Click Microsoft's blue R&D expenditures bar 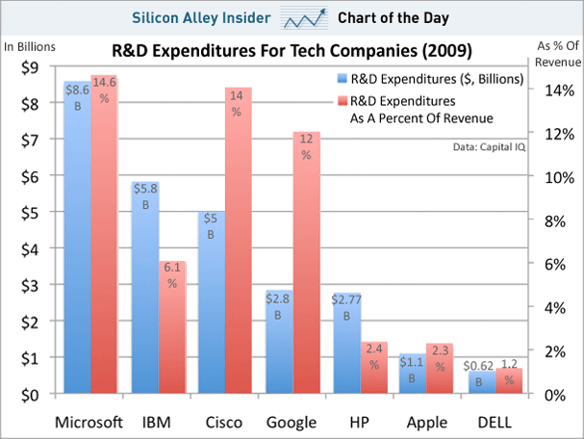[76, 241]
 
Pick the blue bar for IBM [144, 289]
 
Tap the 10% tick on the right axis [559, 177]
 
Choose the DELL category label [495, 422]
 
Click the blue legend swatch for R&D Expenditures [343, 79]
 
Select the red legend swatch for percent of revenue [343, 100]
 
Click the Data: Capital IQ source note [487, 147]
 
